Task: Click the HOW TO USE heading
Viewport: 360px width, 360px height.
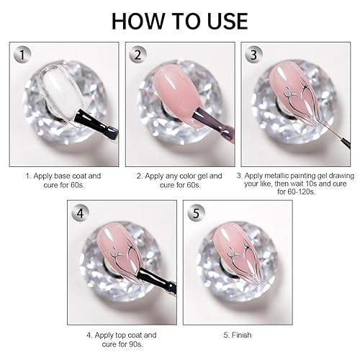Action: (x=180, y=19)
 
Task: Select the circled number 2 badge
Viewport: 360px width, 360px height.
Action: (x=139, y=55)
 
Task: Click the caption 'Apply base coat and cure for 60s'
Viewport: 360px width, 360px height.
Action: (x=63, y=179)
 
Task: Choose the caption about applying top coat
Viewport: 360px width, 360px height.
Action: (x=122, y=338)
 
